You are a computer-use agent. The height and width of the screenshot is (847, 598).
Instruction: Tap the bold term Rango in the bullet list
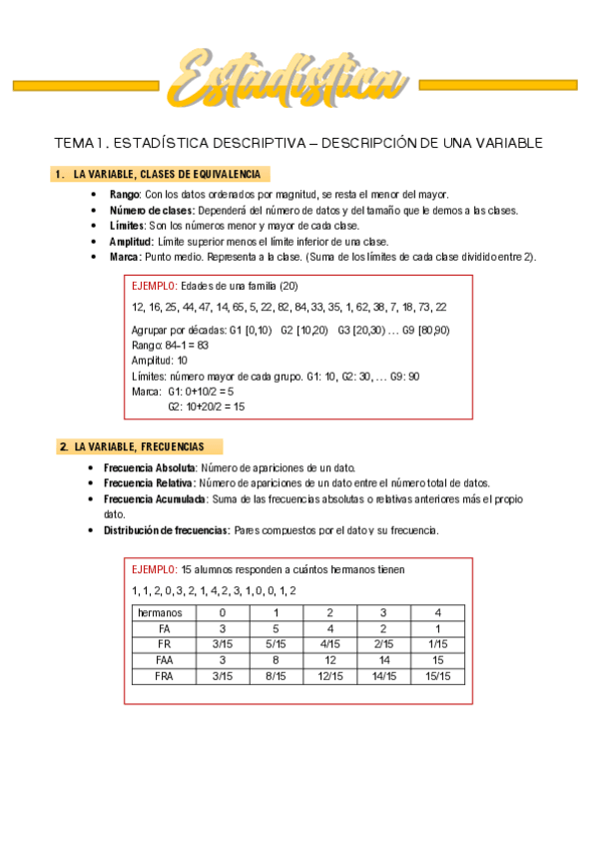[125, 194]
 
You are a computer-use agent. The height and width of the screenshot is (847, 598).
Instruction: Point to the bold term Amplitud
[131, 242]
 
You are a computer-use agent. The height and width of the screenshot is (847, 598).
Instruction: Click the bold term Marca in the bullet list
[126, 258]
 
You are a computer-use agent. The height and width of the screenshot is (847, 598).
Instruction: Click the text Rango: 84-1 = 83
[170, 345]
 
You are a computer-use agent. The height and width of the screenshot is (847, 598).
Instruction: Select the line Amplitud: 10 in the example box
[160, 361]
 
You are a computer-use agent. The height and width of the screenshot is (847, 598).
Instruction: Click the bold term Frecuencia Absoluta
[150, 467]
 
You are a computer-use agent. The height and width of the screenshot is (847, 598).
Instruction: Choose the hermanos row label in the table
[164, 612]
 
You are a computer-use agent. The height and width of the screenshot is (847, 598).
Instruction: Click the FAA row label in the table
[164, 660]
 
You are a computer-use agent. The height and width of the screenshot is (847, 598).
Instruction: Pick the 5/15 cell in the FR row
[277, 644]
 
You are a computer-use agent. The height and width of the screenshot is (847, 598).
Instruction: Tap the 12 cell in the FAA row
[330, 660]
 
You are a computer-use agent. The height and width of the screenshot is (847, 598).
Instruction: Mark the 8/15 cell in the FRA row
[277, 676]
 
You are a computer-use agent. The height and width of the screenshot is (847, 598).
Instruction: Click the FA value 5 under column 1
[277, 628]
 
